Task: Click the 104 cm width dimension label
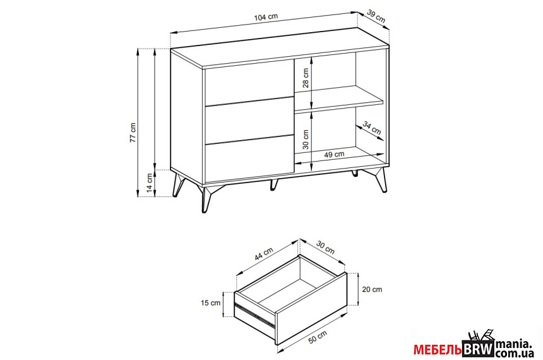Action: (x=266, y=17)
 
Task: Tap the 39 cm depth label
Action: (x=376, y=16)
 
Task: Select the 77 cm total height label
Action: (x=133, y=133)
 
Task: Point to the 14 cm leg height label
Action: (x=149, y=183)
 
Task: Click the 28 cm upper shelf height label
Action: (x=306, y=78)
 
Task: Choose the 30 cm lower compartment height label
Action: (x=306, y=140)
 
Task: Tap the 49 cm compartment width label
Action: (x=334, y=155)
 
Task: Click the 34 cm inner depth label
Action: (x=372, y=128)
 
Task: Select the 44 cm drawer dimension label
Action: (x=264, y=253)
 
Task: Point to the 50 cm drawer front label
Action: (x=318, y=337)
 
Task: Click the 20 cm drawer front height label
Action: (x=372, y=289)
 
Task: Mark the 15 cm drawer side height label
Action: (x=210, y=303)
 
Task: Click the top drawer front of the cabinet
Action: (x=248, y=83)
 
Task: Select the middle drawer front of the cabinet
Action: (x=249, y=121)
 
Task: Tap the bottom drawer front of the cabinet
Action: (x=249, y=159)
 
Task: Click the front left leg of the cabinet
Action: (x=205, y=199)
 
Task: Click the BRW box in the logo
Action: (x=478, y=348)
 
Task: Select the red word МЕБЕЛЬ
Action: (x=438, y=350)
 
